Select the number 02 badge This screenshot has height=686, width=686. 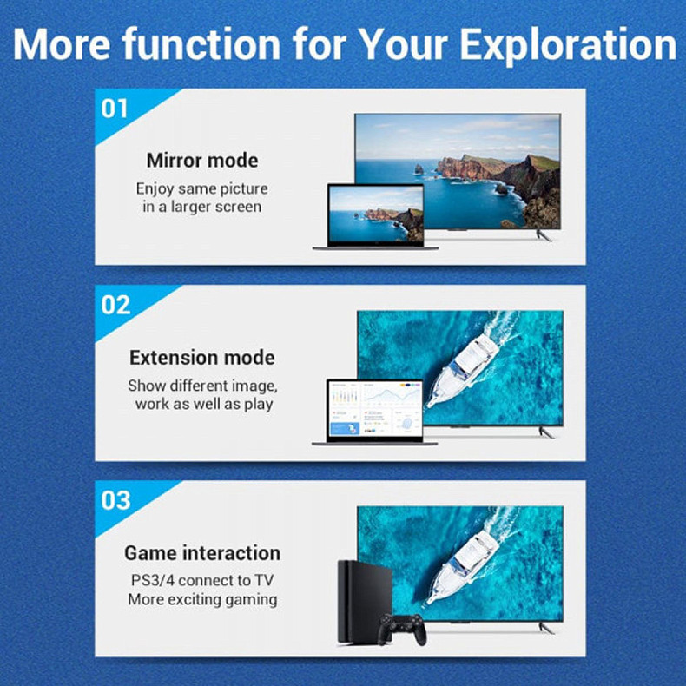pyautogui.click(x=116, y=305)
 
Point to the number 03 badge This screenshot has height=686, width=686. pyautogui.click(x=116, y=500)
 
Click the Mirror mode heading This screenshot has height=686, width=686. pyautogui.click(x=202, y=161)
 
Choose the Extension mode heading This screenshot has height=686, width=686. pyautogui.click(x=202, y=358)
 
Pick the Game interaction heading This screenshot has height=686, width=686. pyautogui.click(x=202, y=553)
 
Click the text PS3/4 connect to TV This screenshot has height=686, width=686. pyautogui.click(x=202, y=580)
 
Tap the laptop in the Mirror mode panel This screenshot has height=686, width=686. pyautogui.click(x=375, y=217)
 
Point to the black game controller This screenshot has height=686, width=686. pyautogui.click(x=402, y=627)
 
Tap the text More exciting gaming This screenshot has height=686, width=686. pyautogui.click(x=202, y=599)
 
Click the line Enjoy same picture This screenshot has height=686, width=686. pyautogui.click(x=202, y=188)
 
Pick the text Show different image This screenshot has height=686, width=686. pyautogui.click(x=202, y=386)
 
